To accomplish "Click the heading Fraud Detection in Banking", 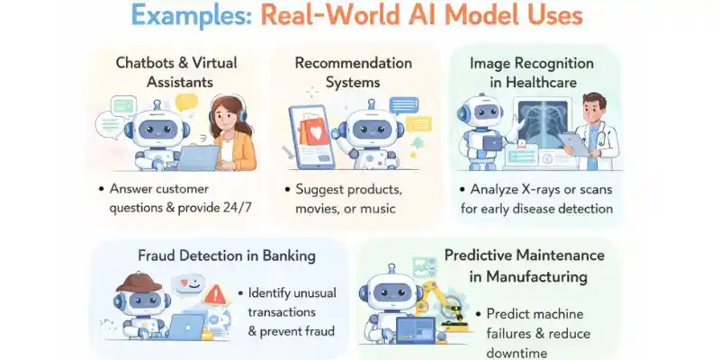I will click(228, 255).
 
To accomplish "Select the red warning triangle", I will click(215, 293).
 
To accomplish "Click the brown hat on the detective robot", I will click(140, 282).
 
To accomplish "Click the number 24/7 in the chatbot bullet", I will click(239, 209).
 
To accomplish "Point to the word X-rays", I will click(545, 190).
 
